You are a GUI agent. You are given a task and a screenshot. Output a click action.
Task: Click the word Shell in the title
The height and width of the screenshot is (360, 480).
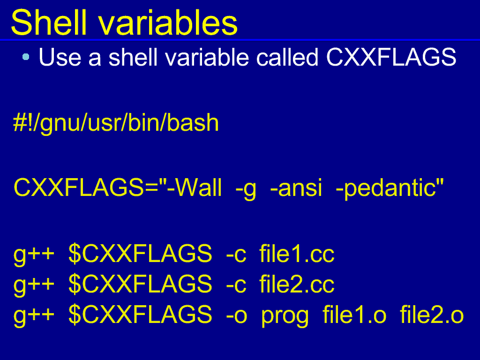49,22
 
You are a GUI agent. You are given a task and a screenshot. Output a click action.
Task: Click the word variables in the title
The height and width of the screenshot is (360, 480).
168,22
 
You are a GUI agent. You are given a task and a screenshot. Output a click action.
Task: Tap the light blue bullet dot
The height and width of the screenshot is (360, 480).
26,57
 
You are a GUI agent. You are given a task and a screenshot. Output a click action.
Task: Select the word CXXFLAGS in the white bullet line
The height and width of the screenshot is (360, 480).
391,57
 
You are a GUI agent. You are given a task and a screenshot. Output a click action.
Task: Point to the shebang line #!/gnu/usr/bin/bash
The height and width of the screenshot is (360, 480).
116,123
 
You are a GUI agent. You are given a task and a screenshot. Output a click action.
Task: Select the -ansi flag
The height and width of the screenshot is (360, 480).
296,187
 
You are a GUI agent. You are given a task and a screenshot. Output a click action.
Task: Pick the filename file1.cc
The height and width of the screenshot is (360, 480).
297,254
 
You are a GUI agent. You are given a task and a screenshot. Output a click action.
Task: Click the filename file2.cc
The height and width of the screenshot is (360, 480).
297,284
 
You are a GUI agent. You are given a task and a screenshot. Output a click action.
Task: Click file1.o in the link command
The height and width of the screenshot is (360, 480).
354,314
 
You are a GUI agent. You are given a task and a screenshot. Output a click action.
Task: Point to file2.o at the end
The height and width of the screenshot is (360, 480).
432,314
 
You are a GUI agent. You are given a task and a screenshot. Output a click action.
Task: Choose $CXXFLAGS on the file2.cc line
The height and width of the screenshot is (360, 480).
140,284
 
